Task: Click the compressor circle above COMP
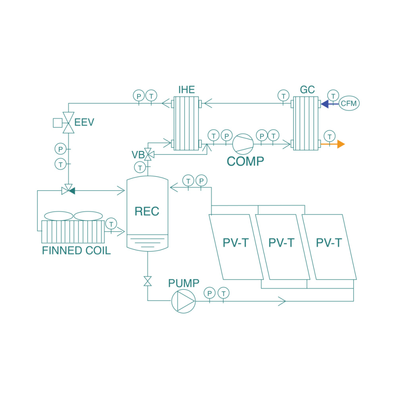[x=242, y=144]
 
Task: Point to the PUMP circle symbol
[x=183, y=301]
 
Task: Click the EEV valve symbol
[x=69, y=123]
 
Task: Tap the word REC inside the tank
[x=147, y=211]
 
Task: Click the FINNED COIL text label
[x=76, y=251]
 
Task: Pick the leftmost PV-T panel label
[x=235, y=243]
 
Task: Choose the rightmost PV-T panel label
[x=329, y=243]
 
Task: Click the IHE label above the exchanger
[x=186, y=90]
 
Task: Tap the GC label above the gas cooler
[x=307, y=90]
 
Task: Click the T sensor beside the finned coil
[x=111, y=224]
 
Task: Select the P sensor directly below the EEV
[x=60, y=149]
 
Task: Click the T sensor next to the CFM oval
[x=333, y=95]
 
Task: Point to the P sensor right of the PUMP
[x=209, y=293]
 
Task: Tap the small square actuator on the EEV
[x=57, y=123]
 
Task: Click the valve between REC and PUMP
[x=148, y=281]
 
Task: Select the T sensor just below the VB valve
[x=140, y=167]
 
